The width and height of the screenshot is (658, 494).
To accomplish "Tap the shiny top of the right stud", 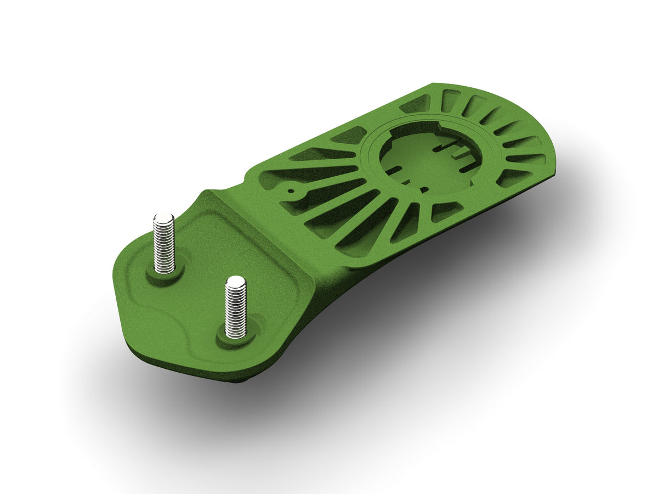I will tap(236, 282).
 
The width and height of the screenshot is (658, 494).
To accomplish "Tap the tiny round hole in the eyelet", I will tap(293, 192).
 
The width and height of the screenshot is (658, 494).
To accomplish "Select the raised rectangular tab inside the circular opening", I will tap(465, 159).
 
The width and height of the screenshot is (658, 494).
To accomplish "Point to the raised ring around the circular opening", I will tap(373, 165).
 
